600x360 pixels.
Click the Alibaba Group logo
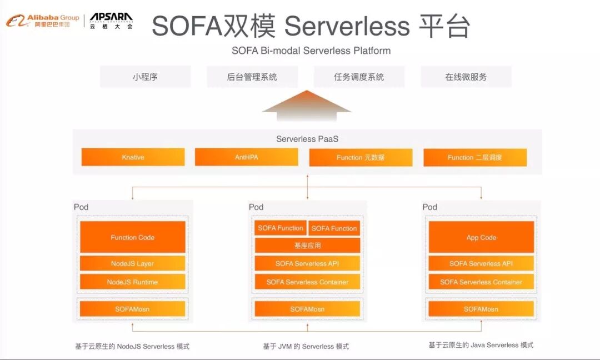pyautogui.click(x=42, y=21)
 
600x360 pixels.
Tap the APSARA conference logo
pyautogui.click(x=111, y=21)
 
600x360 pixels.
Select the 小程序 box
pyautogui.click(x=145, y=77)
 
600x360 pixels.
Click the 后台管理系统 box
pyautogui.click(x=252, y=77)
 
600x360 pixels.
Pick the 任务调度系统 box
pyautogui.click(x=359, y=77)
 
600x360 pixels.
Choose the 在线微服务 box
pyautogui.click(x=466, y=77)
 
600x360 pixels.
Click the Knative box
pyautogui.click(x=133, y=157)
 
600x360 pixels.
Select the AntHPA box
pyautogui.click(x=246, y=157)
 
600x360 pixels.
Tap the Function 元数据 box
pyautogui.click(x=361, y=157)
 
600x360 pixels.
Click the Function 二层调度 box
pyautogui.click(x=474, y=157)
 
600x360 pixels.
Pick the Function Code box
pyautogui.click(x=132, y=237)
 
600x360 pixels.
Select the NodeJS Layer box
pyautogui.click(x=132, y=263)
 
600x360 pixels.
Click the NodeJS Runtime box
pyautogui.click(x=132, y=282)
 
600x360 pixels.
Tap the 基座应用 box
pyautogui.click(x=307, y=245)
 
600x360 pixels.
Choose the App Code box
pyautogui.click(x=481, y=237)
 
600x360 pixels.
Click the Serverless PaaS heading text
pyautogui.click(x=307, y=139)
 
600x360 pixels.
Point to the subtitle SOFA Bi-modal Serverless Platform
pyautogui.click(x=311, y=51)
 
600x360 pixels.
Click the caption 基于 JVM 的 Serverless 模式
pyautogui.click(x=306, y=346)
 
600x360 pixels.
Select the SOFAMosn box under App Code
pyautogui.click(x=481, y=309)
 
